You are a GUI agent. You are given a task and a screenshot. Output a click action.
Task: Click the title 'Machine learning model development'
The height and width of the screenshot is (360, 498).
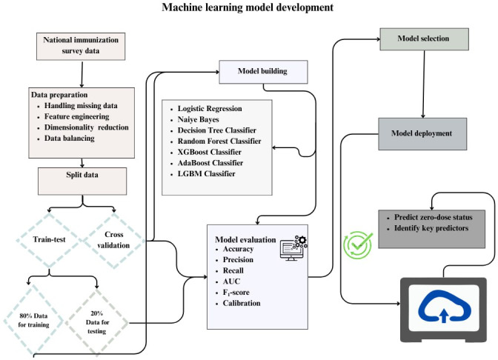coord(248,7)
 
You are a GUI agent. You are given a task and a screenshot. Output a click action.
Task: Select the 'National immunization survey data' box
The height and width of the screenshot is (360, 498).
coord(81,47)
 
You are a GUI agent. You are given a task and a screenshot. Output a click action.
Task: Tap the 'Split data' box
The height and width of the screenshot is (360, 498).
coord(82,181)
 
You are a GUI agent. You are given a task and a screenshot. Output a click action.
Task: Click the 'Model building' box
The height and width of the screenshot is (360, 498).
coord(263,72)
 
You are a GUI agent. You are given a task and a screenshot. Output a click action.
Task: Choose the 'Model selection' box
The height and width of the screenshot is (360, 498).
coord(425,39)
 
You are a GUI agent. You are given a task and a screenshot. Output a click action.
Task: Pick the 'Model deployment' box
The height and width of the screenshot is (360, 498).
coord(422,133)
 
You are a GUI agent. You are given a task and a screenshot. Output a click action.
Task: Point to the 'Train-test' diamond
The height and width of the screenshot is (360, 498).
coord(49,240)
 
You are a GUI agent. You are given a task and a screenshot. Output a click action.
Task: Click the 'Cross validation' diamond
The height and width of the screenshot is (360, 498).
coord(113,240)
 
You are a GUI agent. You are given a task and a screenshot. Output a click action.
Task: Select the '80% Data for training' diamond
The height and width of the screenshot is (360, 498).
coord(33,320)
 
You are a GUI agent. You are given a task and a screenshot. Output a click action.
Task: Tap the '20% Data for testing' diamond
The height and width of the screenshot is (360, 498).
coord(97,322)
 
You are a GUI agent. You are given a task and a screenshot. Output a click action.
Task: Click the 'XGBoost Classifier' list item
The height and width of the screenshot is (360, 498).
coord(209,152)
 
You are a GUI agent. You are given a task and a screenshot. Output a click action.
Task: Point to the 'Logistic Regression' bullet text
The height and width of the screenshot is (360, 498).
coord(210,109)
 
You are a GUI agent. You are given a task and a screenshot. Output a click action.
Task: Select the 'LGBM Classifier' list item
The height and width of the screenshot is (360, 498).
coord(207,173)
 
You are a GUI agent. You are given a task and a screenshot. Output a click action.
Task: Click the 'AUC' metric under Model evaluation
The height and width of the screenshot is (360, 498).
coord(231,281)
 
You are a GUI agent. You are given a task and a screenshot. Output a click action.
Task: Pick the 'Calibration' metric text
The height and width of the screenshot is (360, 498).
coord(242,303)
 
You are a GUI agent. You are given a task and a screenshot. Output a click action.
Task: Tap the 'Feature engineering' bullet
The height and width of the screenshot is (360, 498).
coord(76,116)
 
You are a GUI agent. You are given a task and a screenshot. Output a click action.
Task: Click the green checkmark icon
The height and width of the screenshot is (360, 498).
coord(358,244)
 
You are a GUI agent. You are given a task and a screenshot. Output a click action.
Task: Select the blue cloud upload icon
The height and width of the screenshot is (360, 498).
coord(445,307)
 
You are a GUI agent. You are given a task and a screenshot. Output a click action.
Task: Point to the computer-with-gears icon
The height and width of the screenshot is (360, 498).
coord(293,248)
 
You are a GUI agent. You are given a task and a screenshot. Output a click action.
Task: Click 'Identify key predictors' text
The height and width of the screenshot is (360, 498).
coord(431,228)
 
